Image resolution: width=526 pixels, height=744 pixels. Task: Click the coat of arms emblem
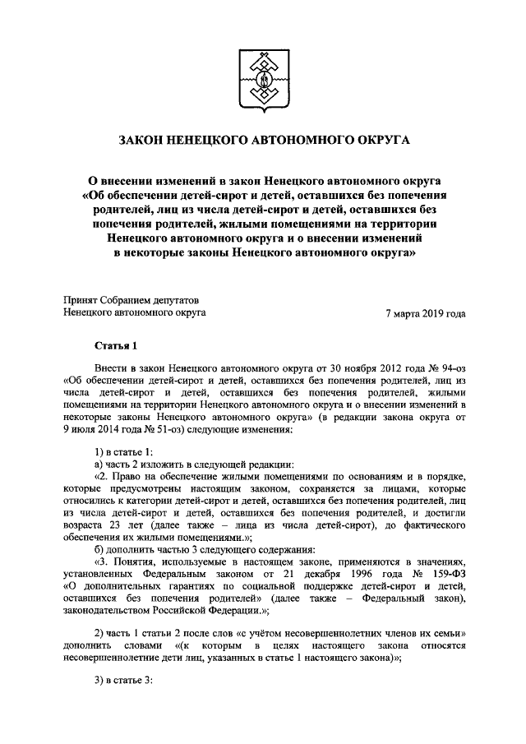[x=263, y=80]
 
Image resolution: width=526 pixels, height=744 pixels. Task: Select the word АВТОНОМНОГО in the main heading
[x=291, y=143]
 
